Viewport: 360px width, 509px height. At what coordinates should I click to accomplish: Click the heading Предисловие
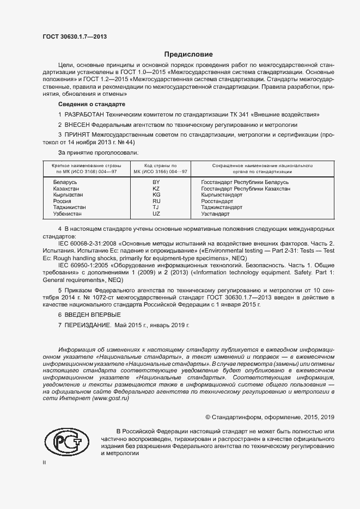coord(189,54)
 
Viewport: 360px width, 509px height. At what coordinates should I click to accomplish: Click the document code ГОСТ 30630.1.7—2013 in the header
coord(75,36)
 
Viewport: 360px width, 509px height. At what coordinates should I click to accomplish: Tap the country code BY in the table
coord(156,181)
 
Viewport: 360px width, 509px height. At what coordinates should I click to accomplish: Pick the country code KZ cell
coord(156,188)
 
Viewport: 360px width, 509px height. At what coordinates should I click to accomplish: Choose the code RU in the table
coord(156,201)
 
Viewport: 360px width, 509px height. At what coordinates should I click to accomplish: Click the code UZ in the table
coord(156,214)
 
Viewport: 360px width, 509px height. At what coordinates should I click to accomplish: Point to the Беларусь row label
coord(65,181)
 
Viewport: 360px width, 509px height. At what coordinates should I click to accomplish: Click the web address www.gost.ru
coord(111,398)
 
